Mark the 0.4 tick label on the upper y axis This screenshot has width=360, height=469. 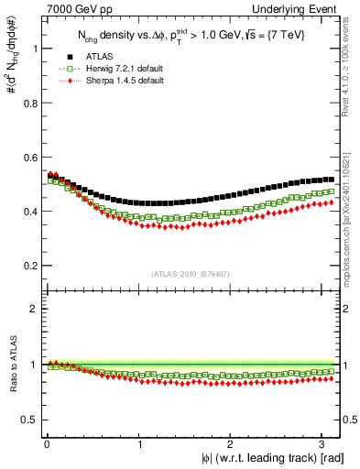pos(29,212)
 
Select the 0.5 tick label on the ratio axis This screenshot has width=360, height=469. pos(29,420)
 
